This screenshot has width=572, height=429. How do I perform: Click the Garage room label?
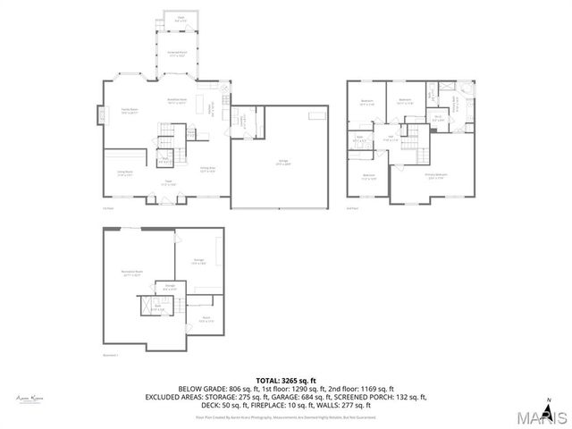point(282,162)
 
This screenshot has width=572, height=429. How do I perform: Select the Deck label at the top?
point(168,18)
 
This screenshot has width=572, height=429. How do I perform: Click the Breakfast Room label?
point(177,101)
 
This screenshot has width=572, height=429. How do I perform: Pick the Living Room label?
point(125,174)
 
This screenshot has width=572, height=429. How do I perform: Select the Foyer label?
point(167,183)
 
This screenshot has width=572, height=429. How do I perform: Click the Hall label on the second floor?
point(390,139)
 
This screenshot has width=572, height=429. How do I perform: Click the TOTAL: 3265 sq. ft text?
point(287,380)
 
